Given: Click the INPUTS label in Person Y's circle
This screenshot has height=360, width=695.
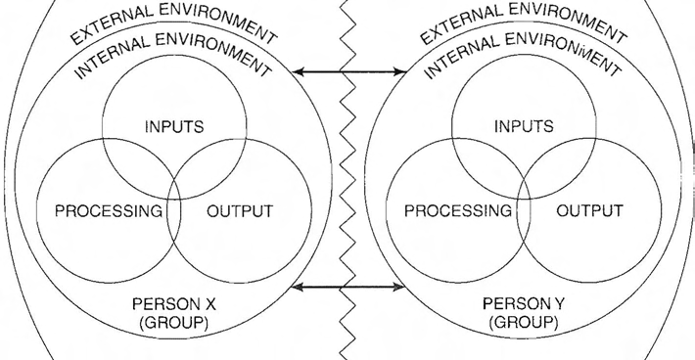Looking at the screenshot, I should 523,126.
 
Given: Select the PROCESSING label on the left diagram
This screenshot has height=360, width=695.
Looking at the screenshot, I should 109,210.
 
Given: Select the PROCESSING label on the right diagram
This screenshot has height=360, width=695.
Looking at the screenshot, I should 458,210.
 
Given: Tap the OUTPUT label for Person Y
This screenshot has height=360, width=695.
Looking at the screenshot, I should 589,210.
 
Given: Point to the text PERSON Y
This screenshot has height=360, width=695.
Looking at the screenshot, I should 523,303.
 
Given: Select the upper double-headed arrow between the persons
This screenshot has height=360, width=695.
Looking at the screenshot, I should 349,71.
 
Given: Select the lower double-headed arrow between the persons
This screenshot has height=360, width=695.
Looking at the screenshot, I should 349,287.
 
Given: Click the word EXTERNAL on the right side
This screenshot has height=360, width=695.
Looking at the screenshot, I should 458,29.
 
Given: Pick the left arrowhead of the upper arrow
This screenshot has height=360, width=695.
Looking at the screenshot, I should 300,71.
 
